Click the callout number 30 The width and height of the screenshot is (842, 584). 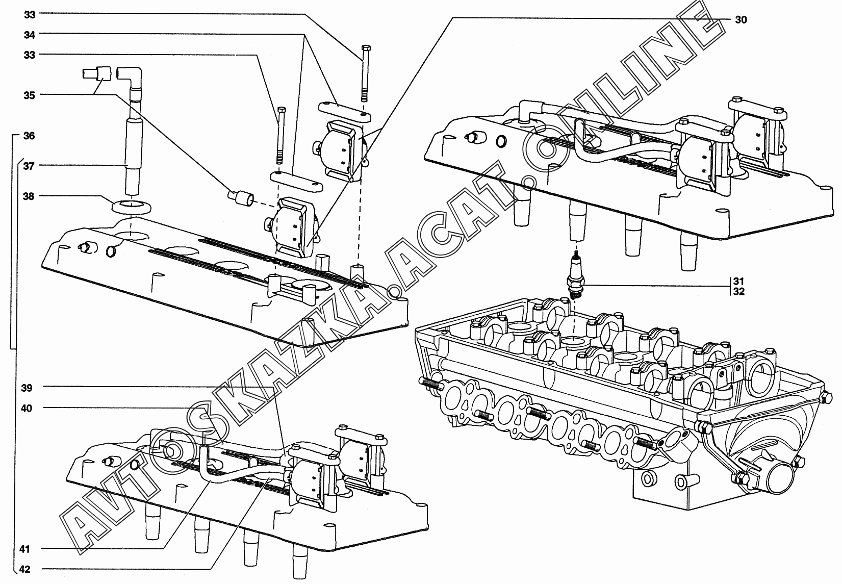click(741, 19)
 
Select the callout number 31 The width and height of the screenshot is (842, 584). click(739, 281)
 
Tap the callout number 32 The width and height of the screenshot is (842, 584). click(739, 292)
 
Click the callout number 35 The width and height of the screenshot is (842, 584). click(30, 94)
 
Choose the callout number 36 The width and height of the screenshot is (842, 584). click(30, 136)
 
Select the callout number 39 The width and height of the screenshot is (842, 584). click(27, 388)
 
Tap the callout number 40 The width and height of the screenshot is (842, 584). click(27, 408)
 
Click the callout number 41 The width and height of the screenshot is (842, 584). click(25, 549)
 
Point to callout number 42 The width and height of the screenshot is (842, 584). click(25, 569)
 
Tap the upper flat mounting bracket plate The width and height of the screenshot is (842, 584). click(345, 111)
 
